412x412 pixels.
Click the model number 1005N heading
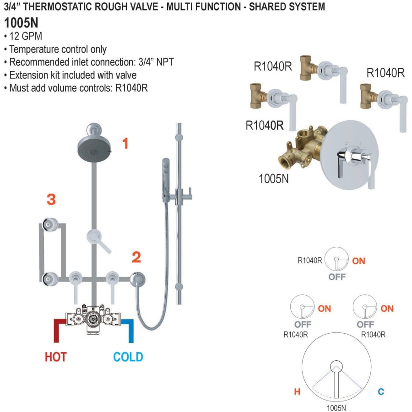click(x=21, y=23)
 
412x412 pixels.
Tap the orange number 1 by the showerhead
click(x=125, y=144)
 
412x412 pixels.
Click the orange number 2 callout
click(x=136, y=257)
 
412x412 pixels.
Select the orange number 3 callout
click(x=51, y=200)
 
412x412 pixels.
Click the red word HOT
click(x=55, y=357)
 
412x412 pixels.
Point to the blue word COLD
click(x=128, y=357)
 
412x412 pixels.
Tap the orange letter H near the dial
click(x=297, y=391)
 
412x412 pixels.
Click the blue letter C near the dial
click(x=380, y=391)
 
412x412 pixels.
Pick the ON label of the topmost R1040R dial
click(x=359, y=261)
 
